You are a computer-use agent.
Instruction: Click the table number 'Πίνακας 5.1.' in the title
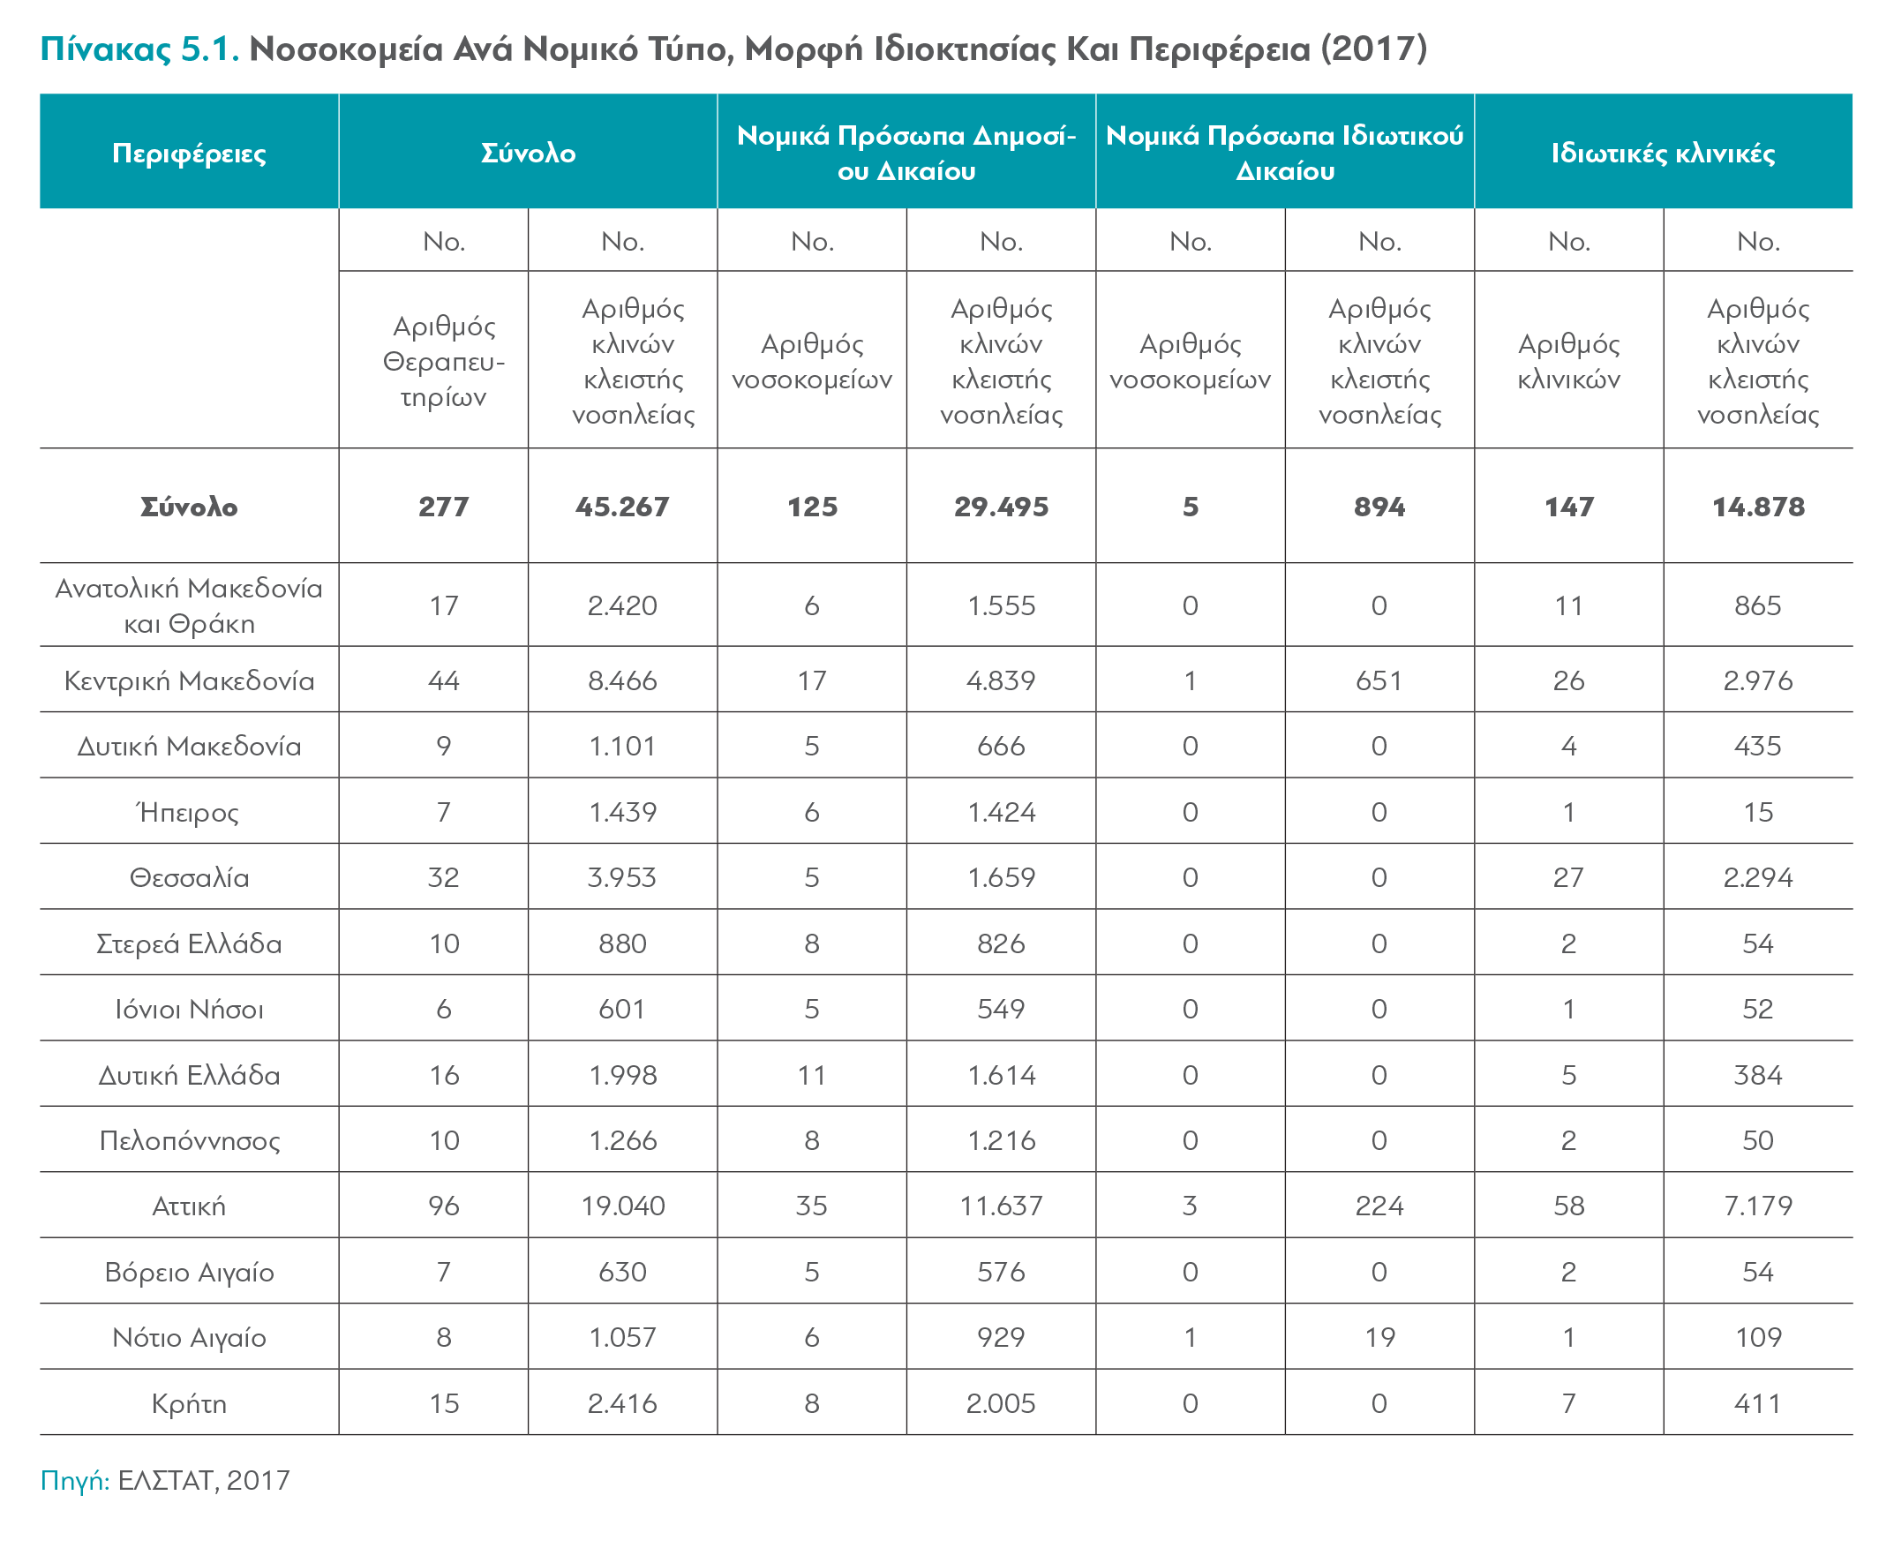pos(139,49)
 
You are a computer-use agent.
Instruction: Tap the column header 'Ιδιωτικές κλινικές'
pos(1663,154)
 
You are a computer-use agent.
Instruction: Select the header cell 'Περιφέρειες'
pos(189,154)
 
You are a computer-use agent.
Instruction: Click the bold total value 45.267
pos(622,507)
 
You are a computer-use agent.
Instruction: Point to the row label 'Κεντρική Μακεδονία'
pos(189,681)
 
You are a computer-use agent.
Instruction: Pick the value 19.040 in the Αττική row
pos(622,1206)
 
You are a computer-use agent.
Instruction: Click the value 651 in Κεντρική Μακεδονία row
pos(1379,681)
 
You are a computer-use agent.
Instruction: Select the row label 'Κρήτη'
pos(189,1403)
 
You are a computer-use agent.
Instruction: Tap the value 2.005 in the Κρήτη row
pos(1001,1403)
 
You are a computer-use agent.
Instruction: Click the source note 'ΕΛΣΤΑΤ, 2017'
pos(204,1480)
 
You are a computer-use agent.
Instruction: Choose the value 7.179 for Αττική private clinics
pos(1757,1206)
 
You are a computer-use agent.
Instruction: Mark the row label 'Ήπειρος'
pos(188,812)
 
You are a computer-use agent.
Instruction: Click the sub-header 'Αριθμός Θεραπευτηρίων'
pos(444,361)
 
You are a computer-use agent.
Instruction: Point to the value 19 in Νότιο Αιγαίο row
pos(1379,1338)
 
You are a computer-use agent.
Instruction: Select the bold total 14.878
pos(1757,507)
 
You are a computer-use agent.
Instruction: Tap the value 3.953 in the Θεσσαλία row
pos(622,877)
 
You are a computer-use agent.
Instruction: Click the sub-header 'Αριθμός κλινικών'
pos(1568,361)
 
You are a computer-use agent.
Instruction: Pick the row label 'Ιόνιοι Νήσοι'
pos(189,1010)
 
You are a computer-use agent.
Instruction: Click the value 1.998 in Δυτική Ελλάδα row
pos(622,1076)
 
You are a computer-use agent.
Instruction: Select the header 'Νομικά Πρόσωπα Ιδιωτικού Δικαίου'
pos(1285,154)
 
